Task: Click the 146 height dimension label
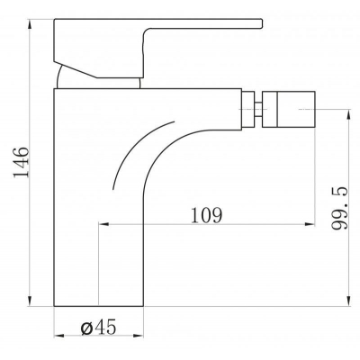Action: coord(21,162)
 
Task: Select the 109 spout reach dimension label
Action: coord(207,215)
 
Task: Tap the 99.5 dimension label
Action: coord(340,208)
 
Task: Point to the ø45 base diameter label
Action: coord(98,327)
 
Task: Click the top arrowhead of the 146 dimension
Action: coord(30,24)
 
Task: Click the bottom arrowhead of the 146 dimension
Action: coord(30,301)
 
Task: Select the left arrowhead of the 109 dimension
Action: coord(103,224)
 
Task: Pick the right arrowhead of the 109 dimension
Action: coord(310,224)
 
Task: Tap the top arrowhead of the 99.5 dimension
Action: coord(348,115)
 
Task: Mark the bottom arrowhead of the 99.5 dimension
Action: coord(348,301)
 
